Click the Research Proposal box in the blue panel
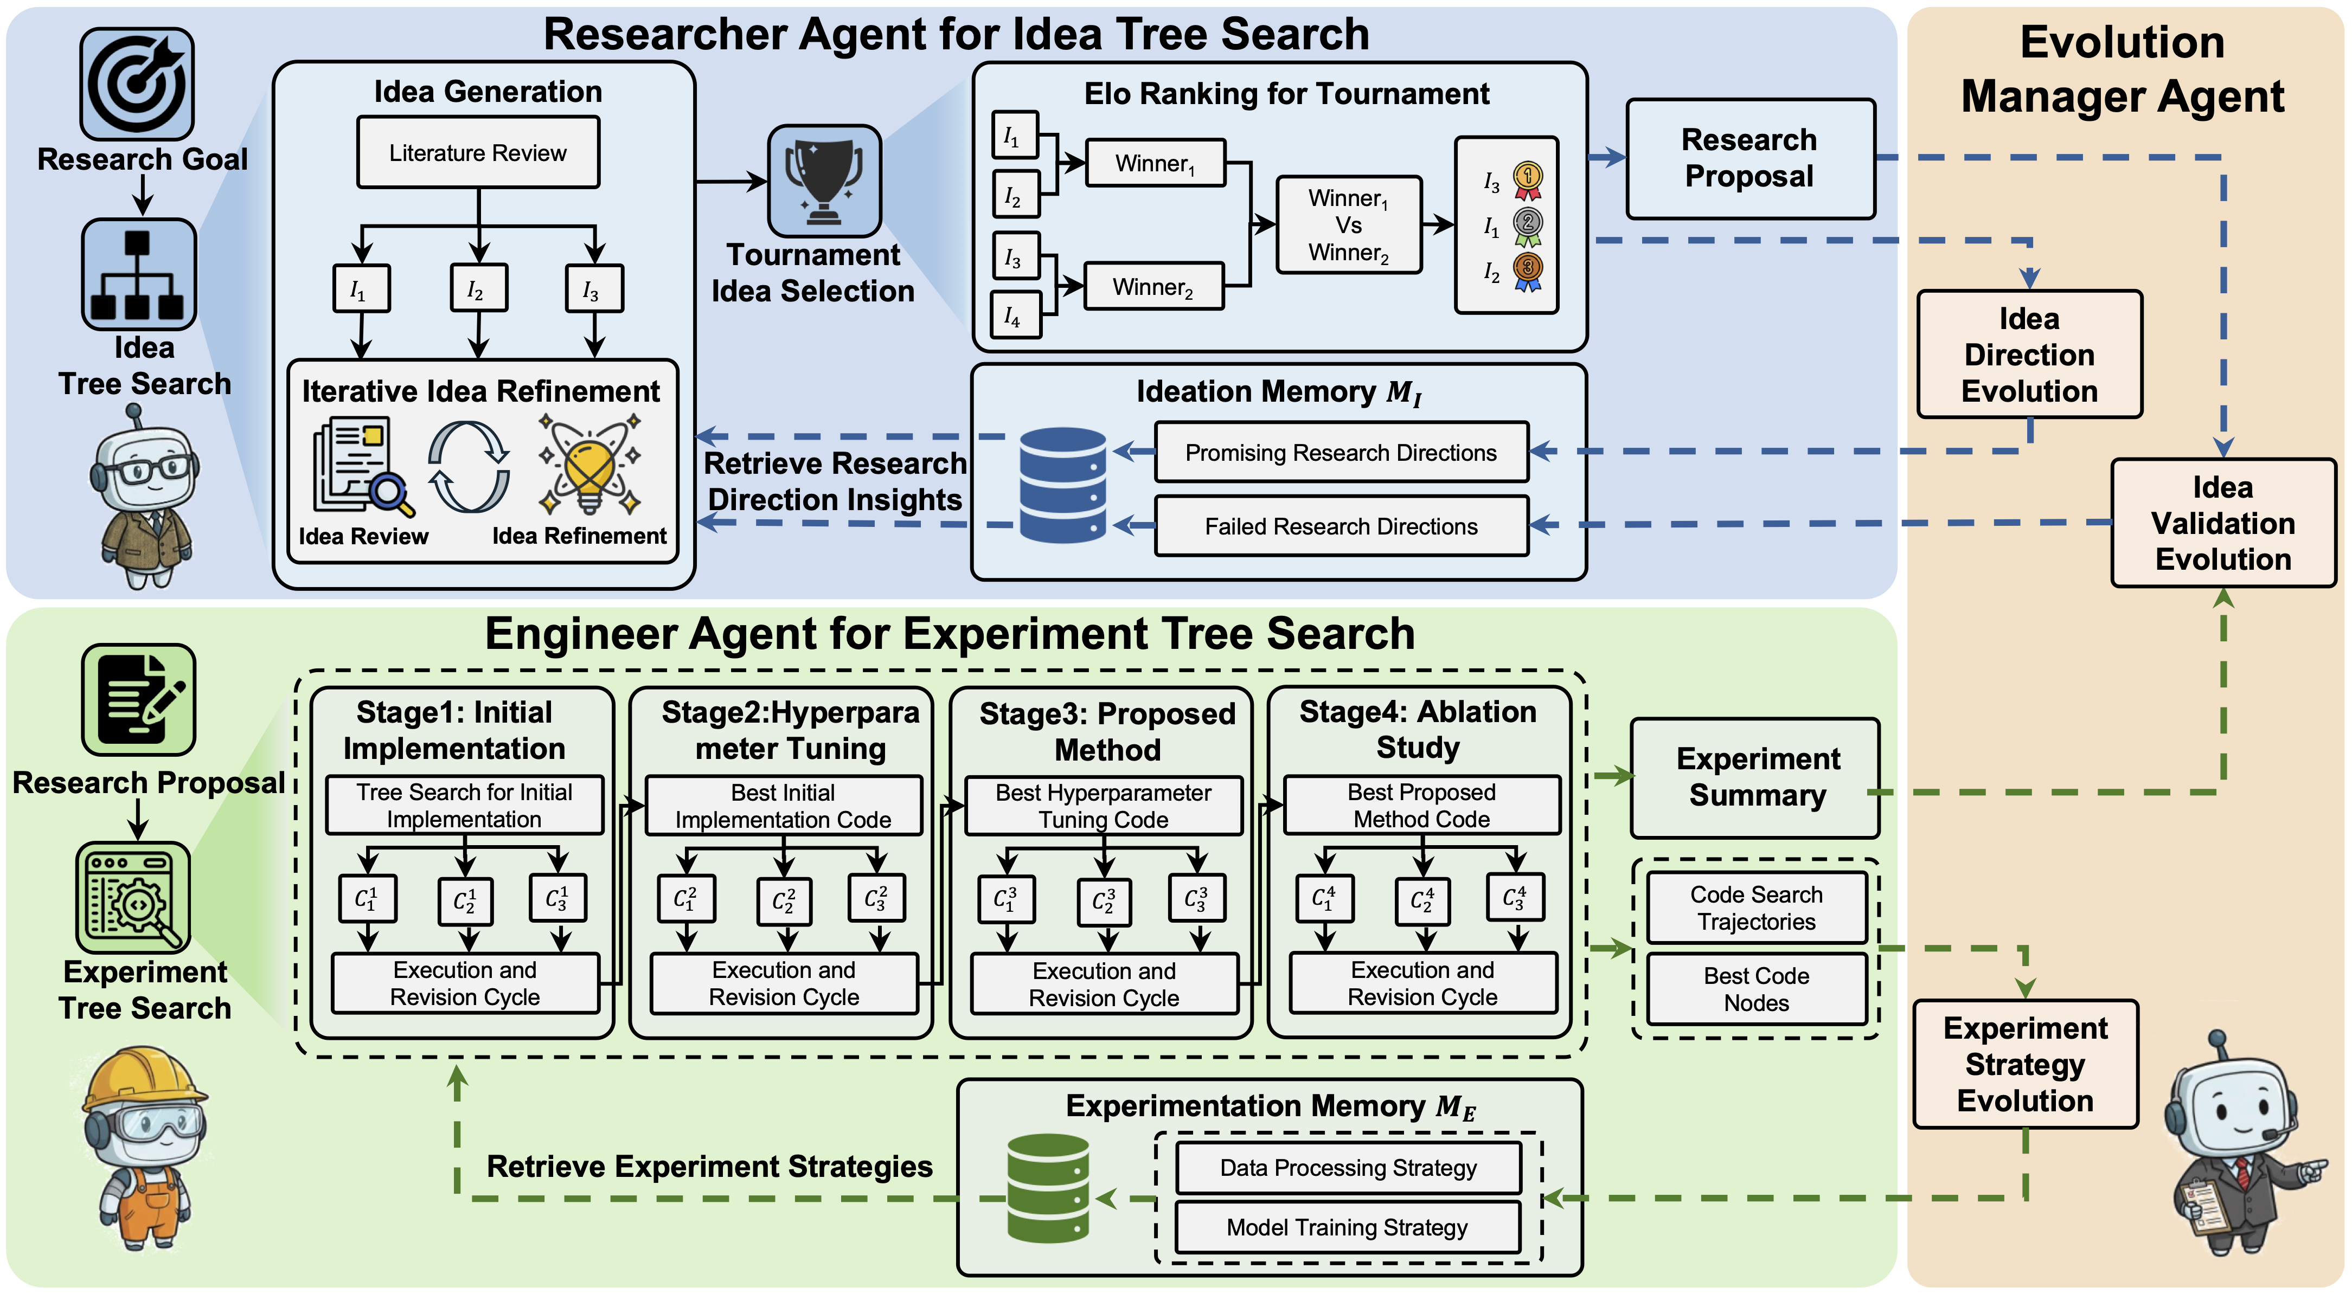1749,158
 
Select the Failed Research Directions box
1341,526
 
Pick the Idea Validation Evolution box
2222,523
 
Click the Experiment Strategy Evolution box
2025,1064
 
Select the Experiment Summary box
1755,777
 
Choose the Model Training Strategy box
1348,1227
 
